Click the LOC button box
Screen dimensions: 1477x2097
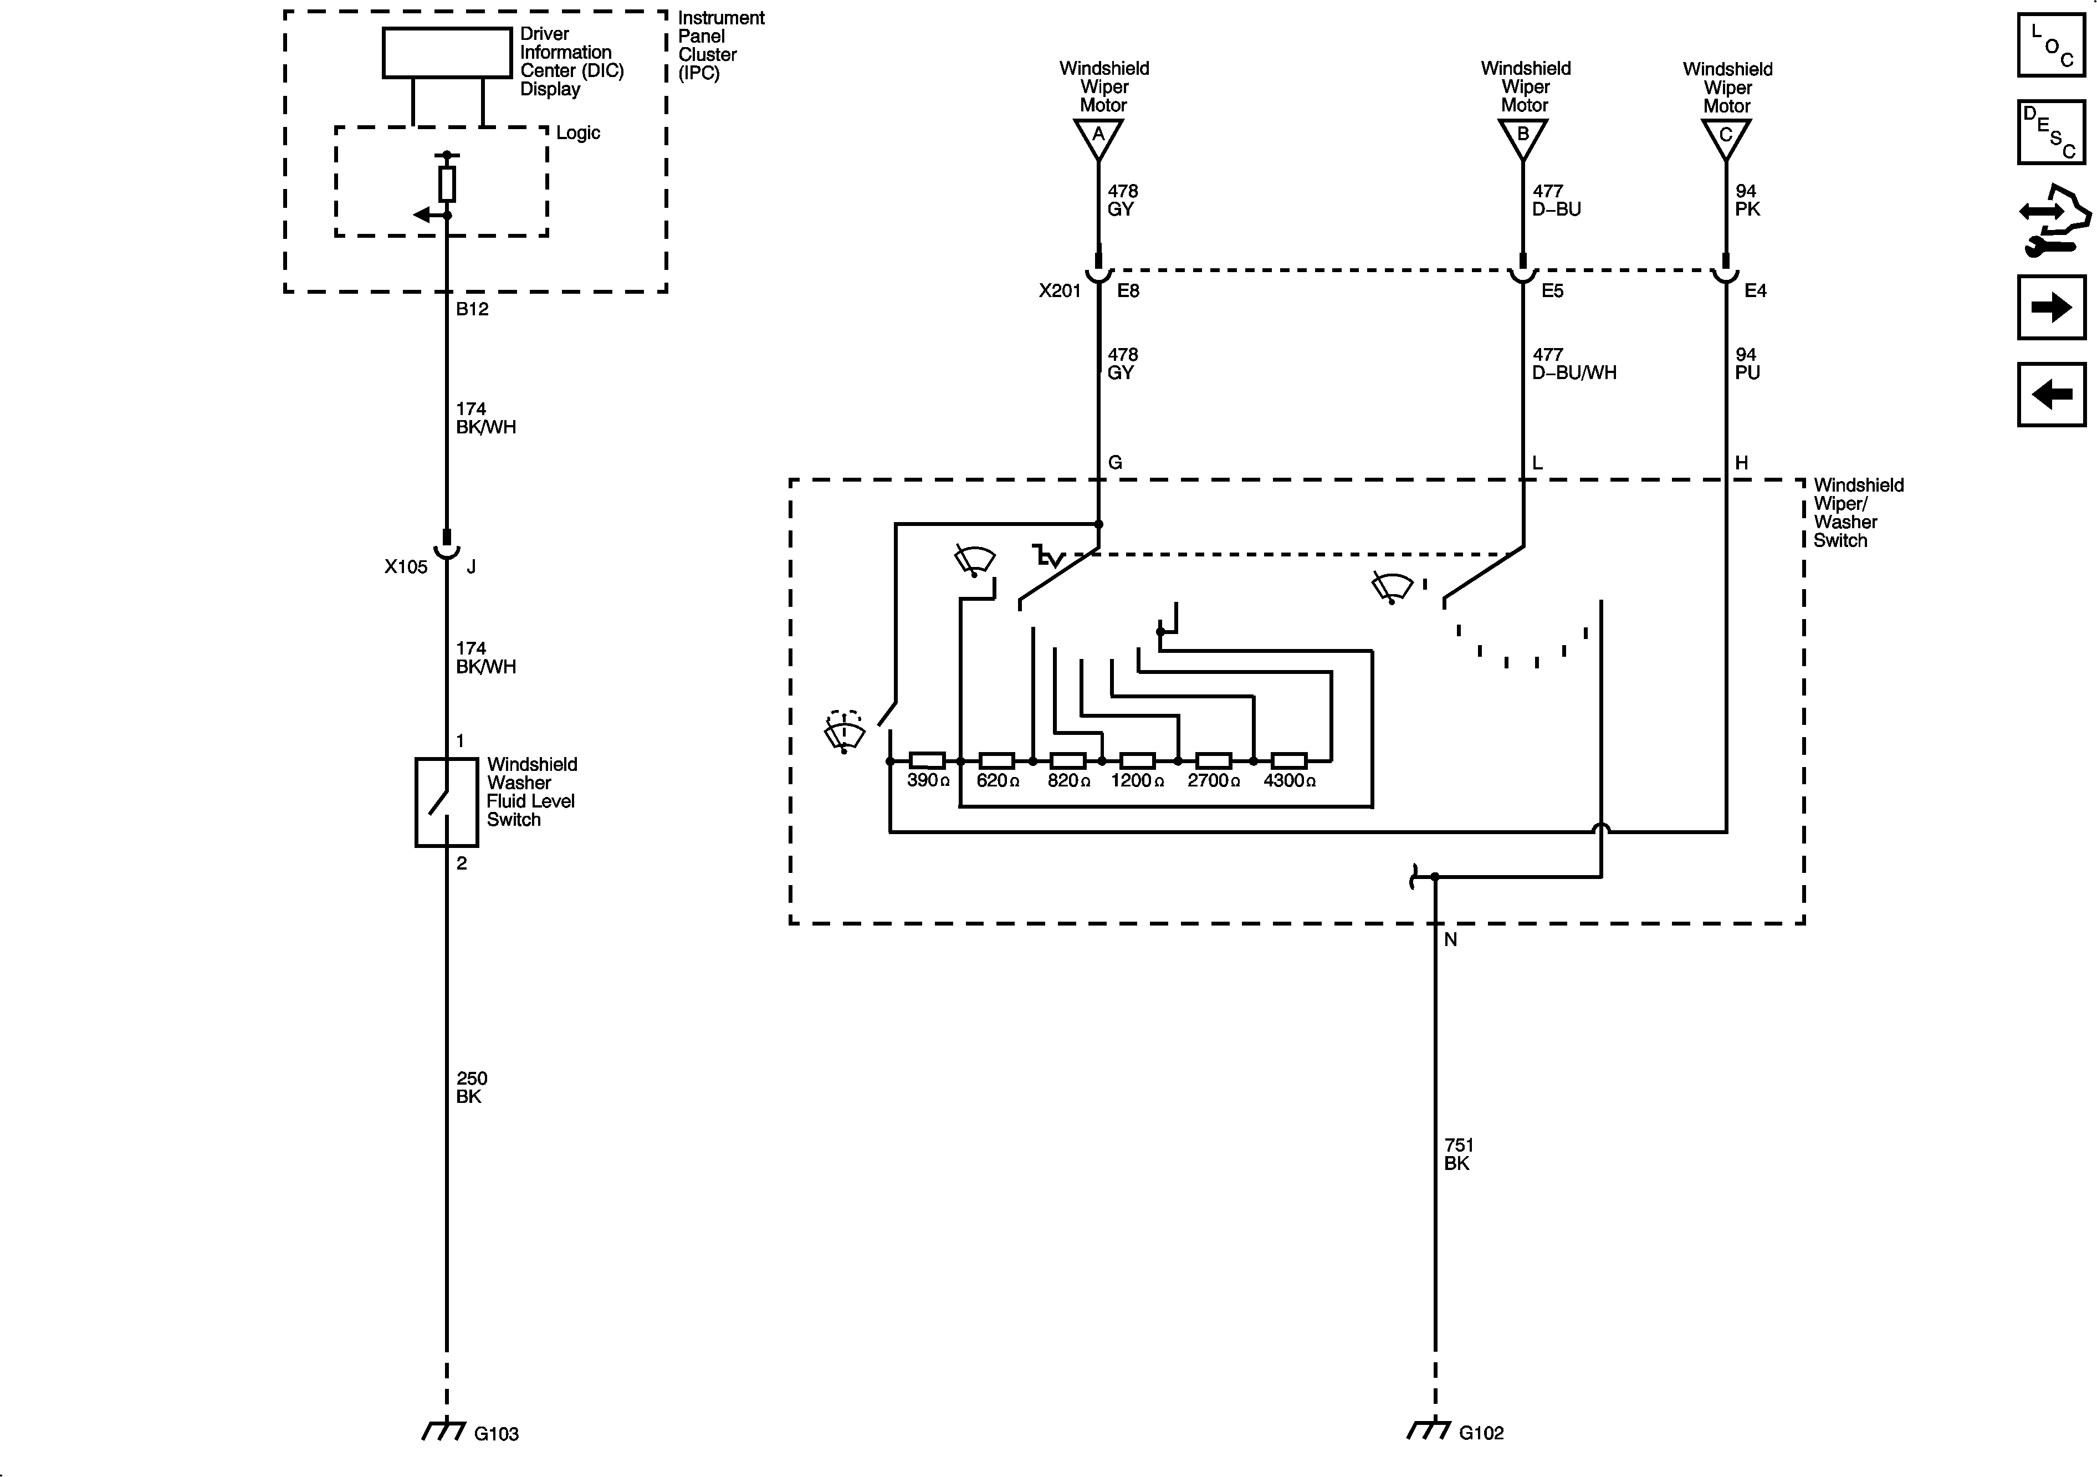click(x=2050, y=45)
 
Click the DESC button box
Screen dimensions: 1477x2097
click(x=2050, y=132)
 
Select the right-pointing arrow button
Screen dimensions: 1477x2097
click(x=2050, y=308)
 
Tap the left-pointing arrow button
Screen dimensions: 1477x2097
click(x=2050, y=395)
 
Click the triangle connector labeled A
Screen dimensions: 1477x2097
click(x=1098, y=137)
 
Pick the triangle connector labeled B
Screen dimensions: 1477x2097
click(x=1522, y=137)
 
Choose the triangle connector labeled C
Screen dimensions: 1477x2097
click(x=1725, y=137)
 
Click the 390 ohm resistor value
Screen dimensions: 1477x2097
click(x=928, y=781)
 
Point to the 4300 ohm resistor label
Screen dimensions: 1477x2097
click(x=1288, y=781)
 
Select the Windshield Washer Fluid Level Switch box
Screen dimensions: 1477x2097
click(x=447, y=802)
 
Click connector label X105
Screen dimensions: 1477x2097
click(x=406, y=567)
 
